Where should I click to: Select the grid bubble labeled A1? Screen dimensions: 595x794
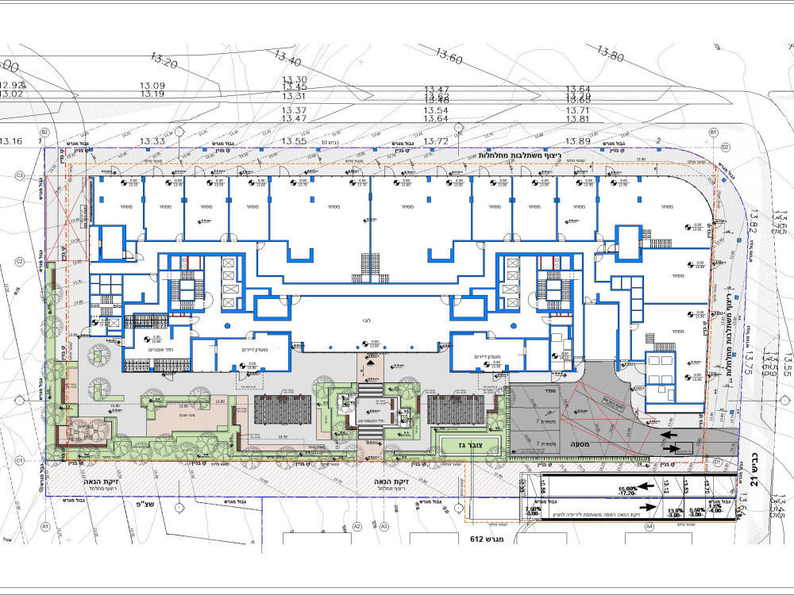click(x=46, y=526)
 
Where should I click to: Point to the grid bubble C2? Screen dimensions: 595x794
click(x=19, y=261)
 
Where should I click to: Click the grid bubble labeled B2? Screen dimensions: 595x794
click(x=45, y=132)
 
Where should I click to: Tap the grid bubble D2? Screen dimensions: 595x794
click(x=725, y=148)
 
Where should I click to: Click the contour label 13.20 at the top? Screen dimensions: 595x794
click(x=164, y=60)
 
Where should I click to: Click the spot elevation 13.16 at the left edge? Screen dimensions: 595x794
click(x=10, y=141)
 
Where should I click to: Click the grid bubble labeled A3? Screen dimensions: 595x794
click(x=384, y=526)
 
